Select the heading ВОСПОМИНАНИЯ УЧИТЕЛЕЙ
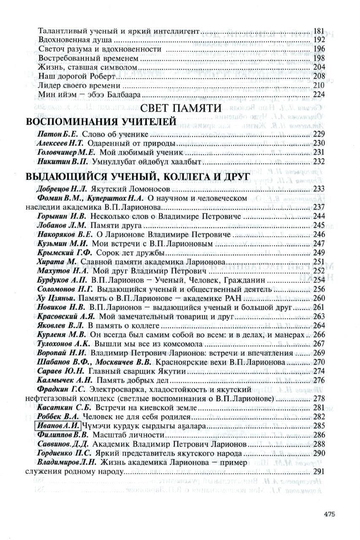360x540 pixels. [101, 122]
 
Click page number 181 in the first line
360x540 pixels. [319, 31]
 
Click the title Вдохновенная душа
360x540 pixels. [74, 40]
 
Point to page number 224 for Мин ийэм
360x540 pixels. [319, 94]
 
